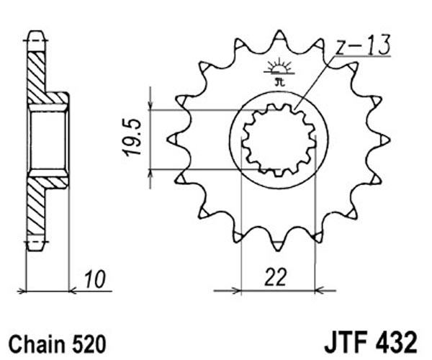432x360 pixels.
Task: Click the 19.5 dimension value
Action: pos(132,138)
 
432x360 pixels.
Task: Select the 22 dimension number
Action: pos(276,276)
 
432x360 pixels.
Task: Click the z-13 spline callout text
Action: pos(363,45)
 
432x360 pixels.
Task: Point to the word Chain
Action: pos(37,344)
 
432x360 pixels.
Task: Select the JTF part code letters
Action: pos(346,343)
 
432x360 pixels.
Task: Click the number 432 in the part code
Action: pos(395,343)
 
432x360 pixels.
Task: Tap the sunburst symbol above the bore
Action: pos(279,67)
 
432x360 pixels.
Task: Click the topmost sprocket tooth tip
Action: pos(279,30)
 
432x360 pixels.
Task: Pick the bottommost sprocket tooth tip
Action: pos(278,250)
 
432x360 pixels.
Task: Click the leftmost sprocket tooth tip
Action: pos(168,140)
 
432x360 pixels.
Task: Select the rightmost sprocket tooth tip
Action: pos(390,140)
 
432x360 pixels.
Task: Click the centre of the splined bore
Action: pos(278,140)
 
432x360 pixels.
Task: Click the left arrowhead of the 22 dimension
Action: pos(237,290)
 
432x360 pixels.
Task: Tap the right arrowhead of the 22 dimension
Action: pos(319,290)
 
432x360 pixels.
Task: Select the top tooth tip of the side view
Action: pos(36,32)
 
